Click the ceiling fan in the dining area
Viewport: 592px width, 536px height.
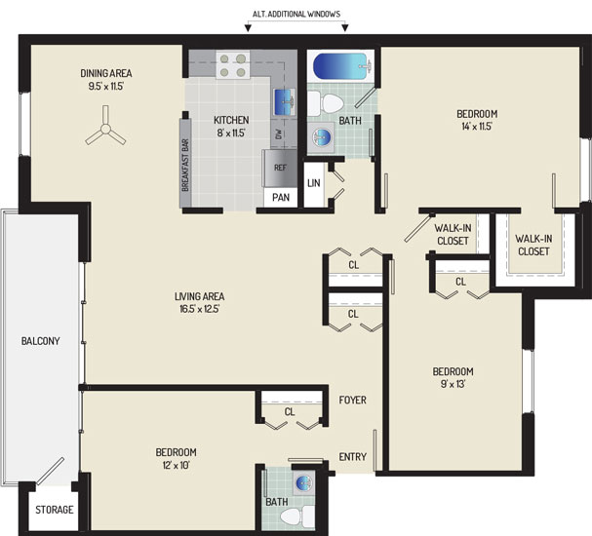[105, 130]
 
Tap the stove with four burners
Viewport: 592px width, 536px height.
[232, 65]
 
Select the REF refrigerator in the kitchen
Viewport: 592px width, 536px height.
[280, 168]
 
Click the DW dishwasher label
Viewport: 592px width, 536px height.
[279, 134]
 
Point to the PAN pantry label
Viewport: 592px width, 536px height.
[281, 197]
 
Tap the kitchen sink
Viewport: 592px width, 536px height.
[284, 102]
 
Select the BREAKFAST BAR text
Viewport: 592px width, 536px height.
[185, 165]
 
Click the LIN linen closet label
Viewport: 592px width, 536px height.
[314, 183]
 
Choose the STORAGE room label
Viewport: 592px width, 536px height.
[55, 510]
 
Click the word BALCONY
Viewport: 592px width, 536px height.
[40, 341]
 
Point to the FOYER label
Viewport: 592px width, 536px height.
[353, 400]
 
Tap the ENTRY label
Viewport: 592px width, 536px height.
[353, 457]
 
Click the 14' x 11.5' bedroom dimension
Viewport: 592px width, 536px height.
[477, 127]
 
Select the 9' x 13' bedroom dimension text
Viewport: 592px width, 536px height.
[453, 384]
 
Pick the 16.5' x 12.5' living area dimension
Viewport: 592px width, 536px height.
[199, 309]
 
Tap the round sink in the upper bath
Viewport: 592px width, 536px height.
[322, 137]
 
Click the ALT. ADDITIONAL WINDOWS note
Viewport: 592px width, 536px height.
[296, 14]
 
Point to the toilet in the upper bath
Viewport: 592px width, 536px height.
[326, 103]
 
